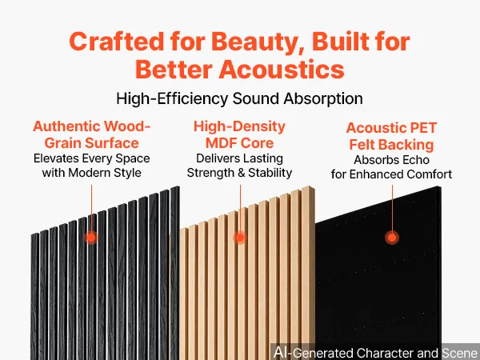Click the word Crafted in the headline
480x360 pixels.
(x=117, y=42)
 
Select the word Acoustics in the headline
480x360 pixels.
(x=282, y=69)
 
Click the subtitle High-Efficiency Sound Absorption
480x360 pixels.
(x=239, y=98)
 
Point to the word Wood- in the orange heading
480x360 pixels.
(x=127, y=126)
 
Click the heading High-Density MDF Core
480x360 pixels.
(x=239, y=134)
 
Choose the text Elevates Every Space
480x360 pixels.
(x=91, y=158)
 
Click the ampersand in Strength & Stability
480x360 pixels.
(x=242, y=173)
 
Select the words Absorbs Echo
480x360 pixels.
(x=391, y=160)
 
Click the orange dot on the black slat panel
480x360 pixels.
(x=91, y=238)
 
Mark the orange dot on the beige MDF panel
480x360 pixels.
(x=240, y=238)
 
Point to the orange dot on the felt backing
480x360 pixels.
(x=392, y=238)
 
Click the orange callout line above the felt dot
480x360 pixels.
(x=392, y=208)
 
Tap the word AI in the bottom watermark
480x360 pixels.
(x=281, y=352)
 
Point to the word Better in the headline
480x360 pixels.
(x=174, y=69)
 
